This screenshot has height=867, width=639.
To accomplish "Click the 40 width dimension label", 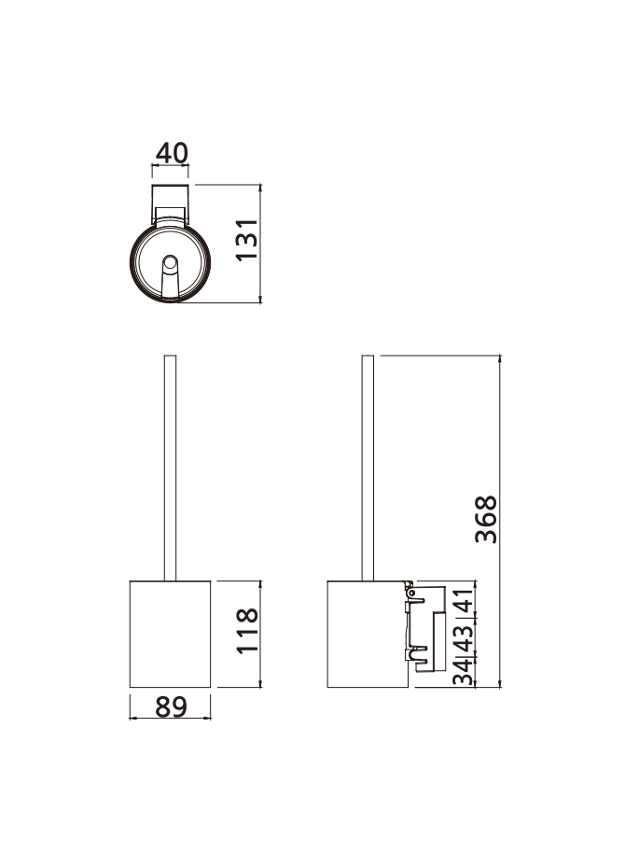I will [x=171, y=153].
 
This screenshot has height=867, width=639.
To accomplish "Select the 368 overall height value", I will [x=486, y=520].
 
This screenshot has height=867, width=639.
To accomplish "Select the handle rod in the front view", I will [x=171, y=467].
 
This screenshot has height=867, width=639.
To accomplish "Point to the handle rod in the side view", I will [x=368, y=467].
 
